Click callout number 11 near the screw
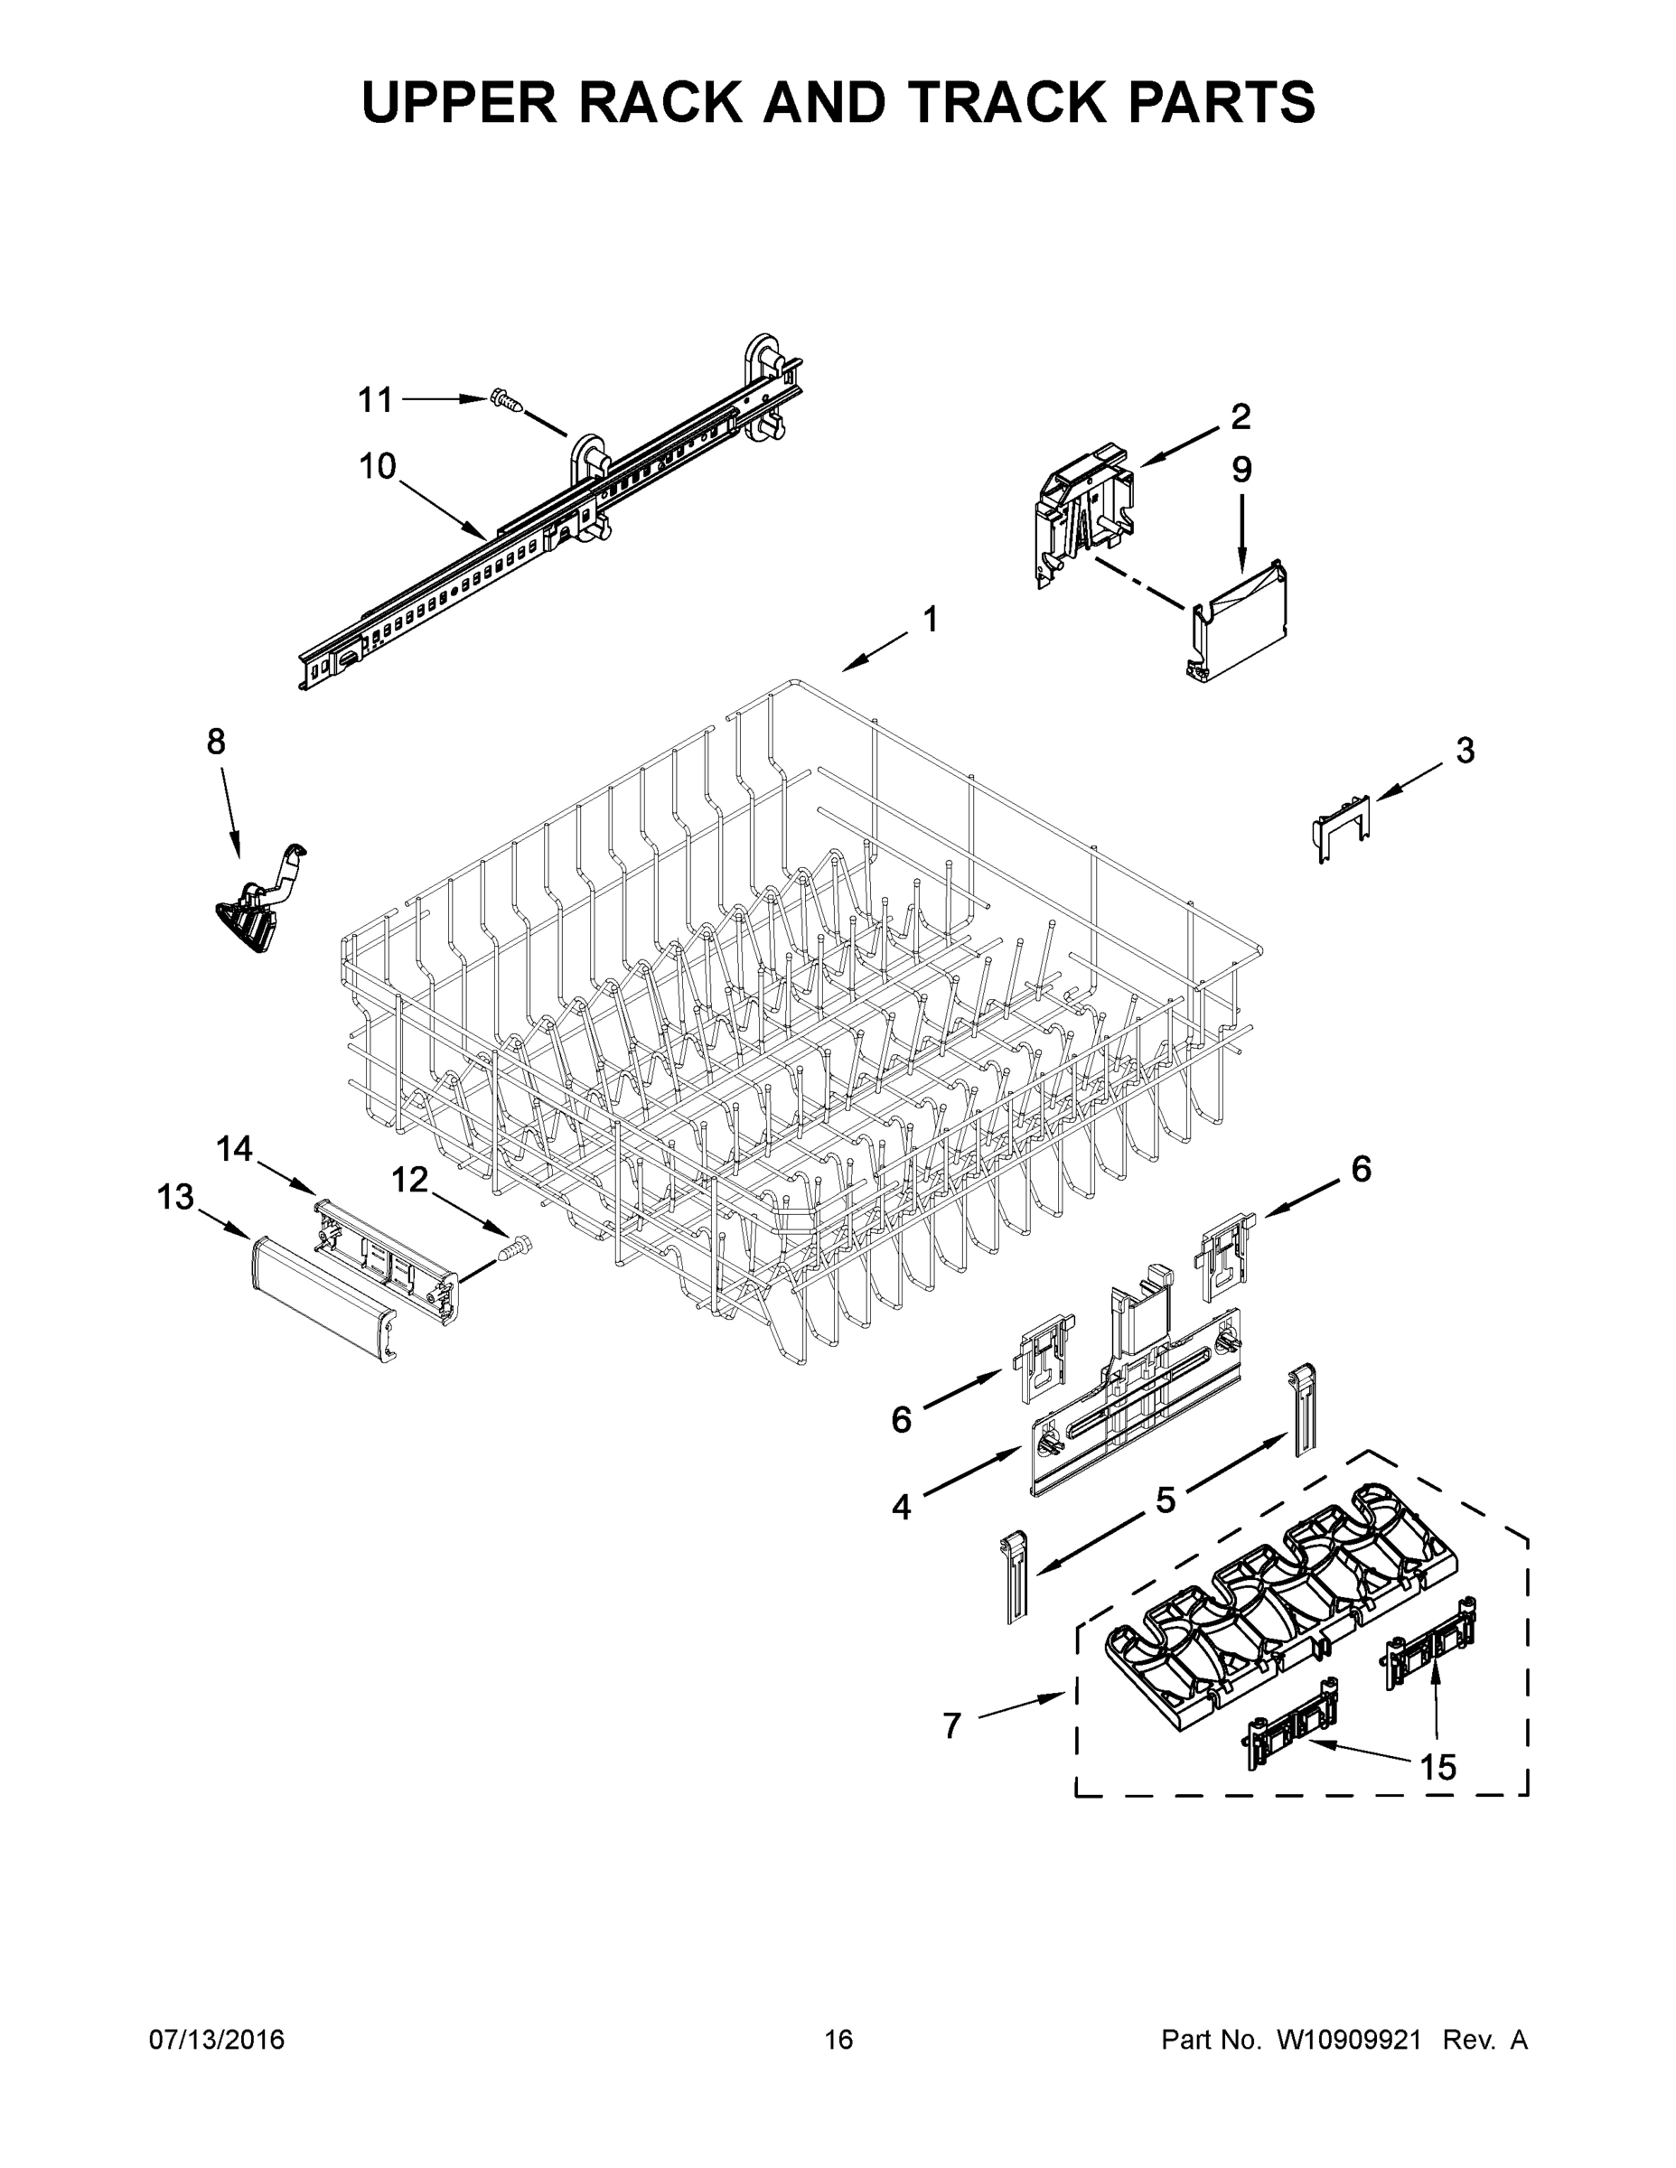point(375,400)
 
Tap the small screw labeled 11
point(506,401)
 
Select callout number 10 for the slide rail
point(378,465)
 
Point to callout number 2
point(1241,417)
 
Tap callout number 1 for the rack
point(931,620)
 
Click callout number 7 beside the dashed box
point(952,1726)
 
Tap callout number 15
point(1437,1767)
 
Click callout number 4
point(901,1507)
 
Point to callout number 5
point(1165,1500)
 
